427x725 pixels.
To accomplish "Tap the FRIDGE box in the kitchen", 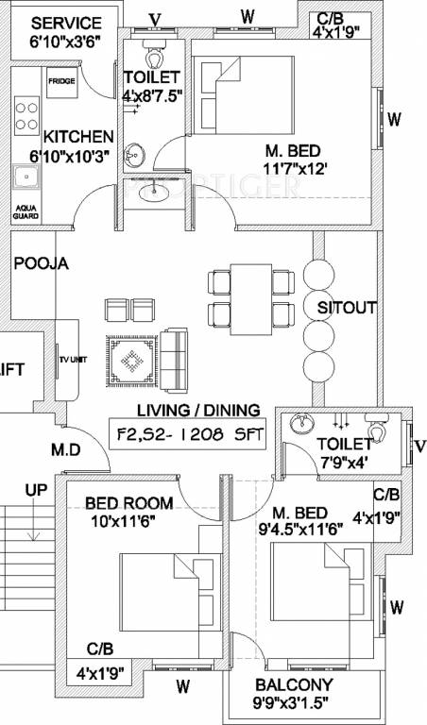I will point(89,81).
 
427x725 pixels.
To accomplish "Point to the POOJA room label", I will point(41,264).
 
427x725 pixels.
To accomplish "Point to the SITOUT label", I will point(347,307).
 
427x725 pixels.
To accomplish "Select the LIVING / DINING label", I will point(198,410).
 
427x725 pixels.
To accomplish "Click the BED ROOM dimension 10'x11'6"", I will point(124,518).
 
